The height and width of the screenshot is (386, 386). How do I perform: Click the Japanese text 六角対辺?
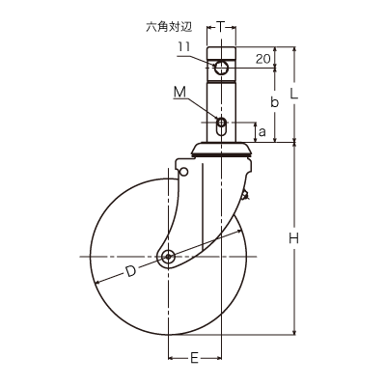click(169, 27)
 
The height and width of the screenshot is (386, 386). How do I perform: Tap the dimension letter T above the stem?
click(220, 27)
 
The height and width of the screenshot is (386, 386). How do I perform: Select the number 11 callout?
click(184, 47)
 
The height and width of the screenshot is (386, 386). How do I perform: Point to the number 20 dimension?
click(262, 59)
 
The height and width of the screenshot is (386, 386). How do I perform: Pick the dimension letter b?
click(274, 102)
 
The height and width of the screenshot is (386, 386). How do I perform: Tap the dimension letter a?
click(262, 131)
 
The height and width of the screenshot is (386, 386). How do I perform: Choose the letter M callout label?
click(180, 93)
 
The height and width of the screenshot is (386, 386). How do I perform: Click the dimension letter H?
click(293, 238)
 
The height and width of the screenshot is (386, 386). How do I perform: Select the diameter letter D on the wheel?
click(130, 271)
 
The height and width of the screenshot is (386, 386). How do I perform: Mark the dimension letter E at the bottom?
click(194, 358)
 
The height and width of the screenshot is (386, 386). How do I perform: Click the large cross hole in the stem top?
click(221, 68)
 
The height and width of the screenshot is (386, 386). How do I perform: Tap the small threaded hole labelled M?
click(221, 123)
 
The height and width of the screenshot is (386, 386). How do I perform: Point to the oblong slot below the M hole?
click(221, 131)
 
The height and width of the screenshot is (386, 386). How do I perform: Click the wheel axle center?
click(168, 257)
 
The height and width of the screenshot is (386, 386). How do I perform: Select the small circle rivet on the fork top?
click(183, 172)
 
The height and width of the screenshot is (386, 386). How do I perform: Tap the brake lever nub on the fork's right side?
click(246, 195)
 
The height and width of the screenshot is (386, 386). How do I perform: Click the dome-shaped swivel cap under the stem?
click(221, 149)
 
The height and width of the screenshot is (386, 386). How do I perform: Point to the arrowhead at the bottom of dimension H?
click(293, 332)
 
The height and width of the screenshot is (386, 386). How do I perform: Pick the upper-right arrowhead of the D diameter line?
click(238, 231)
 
